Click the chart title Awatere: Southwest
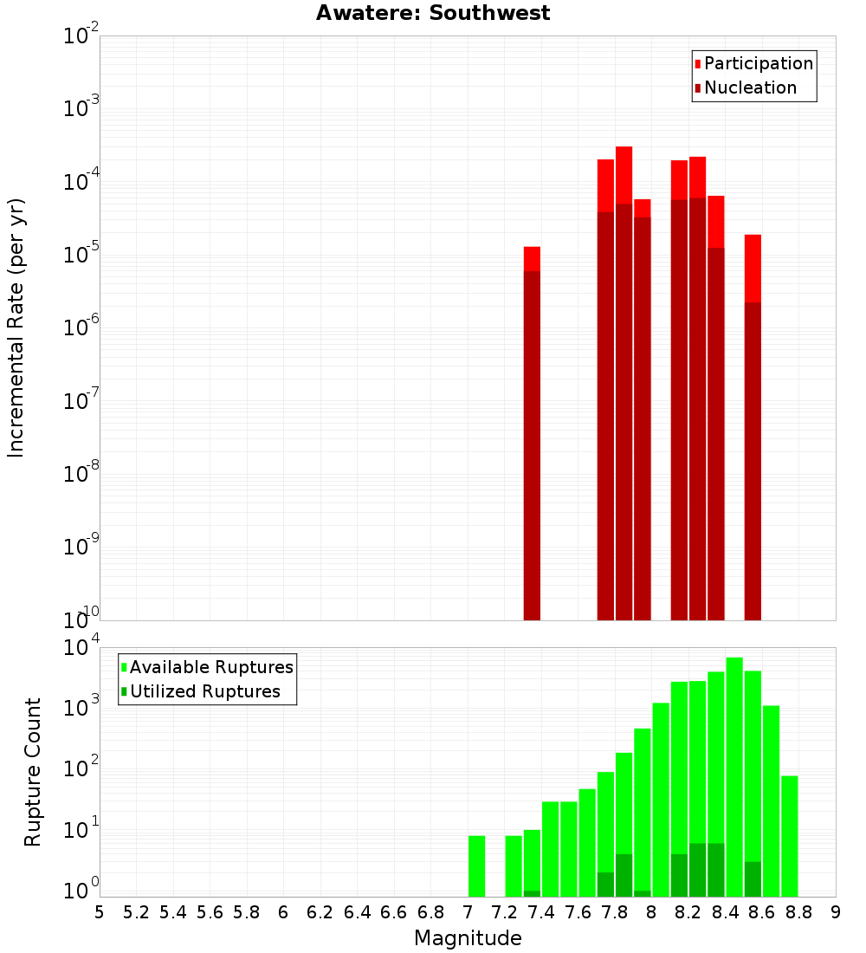(x=433, y=13)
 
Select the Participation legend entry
(x=758, y=63)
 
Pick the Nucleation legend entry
(x=750, y=88)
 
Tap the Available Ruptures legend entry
(x=210, y=667)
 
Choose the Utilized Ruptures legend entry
(x=204, y=691)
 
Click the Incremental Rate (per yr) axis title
(x=16, y=327)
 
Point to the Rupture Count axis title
(x=33, y=772)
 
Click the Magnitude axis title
(x=468, y=938)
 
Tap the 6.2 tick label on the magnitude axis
(x=320, y=912)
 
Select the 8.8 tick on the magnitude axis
(x=799, y=912)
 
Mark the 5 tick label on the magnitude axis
(x=100, y=912)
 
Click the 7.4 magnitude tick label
(x=541, y=912)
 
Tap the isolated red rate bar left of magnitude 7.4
(x=532, y=433)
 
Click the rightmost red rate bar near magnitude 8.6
(x=753, y=433)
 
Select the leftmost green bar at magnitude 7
(x=476, y=866)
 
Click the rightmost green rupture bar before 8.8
(x=789, y=836)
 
